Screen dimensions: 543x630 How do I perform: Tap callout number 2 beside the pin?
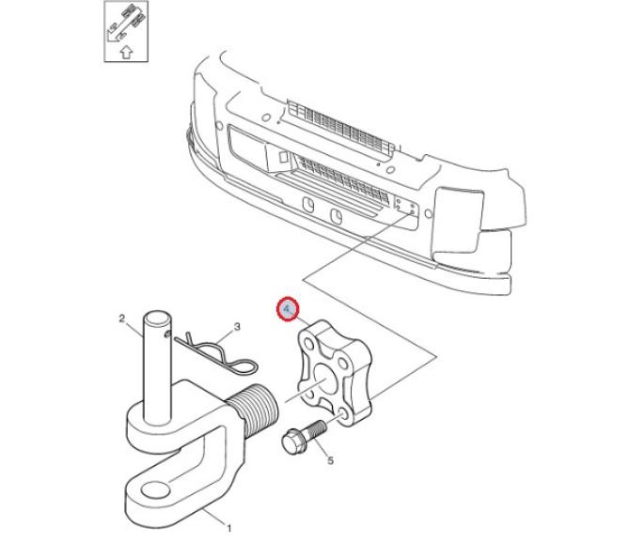coord(122,318)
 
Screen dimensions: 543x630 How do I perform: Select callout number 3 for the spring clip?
coord(237,327)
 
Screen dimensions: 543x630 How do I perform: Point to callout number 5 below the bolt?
coord(330,459)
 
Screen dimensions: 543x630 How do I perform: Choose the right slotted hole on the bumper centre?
coord(336,217)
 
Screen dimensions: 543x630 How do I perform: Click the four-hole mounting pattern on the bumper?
coord(403,209)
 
